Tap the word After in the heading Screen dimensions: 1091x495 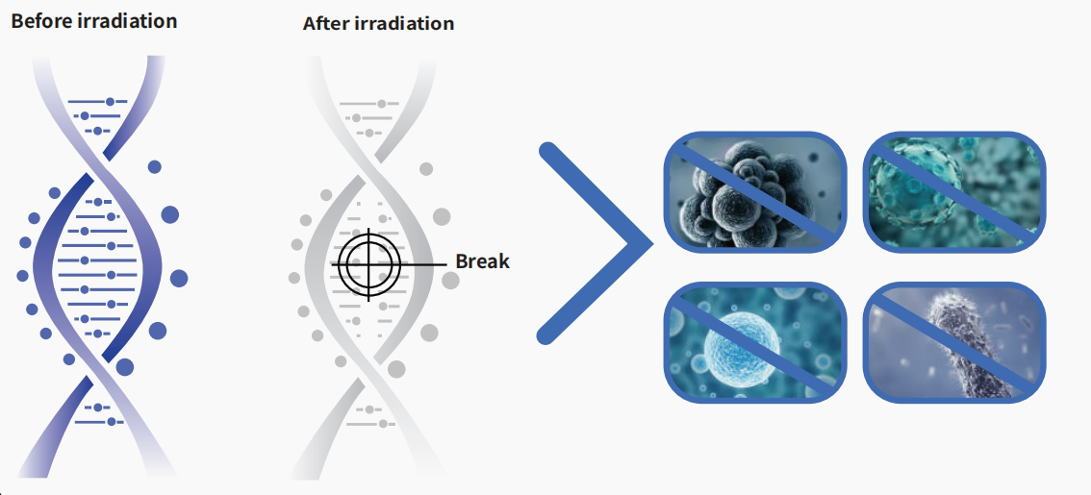pyautogui.click(x=326, y=23)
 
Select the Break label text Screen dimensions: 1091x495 pyautogui.click(x=482, y=261)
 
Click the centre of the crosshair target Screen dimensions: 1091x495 pyautogui.click(x=368, y=264)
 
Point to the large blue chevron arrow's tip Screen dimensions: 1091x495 pyautogui.click(x=651, y=243)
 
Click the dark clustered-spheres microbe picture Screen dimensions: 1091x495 pyautogui.click(x=755, y=191)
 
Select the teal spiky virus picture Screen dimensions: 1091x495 pyautogui.click(x=954, y=191)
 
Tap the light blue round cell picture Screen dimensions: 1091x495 pyautogui.click(x=755, y=342)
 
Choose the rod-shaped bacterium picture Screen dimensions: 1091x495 pyautogui.click(x=954, y=342)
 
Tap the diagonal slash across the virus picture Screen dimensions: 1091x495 pyautogui.click(x=954, y=191)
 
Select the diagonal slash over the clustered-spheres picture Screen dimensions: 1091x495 pyautogui.click(x=755, y=191)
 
